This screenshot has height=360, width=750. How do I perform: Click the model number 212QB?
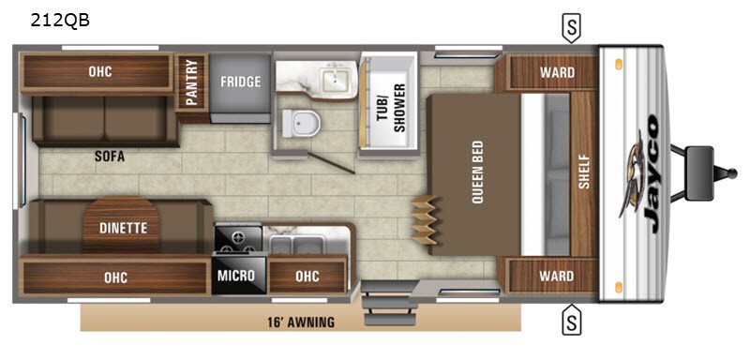tap(60, 20)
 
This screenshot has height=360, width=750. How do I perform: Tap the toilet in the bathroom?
tap(300, 123)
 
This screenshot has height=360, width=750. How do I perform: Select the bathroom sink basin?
tap(337, 81)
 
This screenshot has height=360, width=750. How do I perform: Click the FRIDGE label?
tap(241, 82)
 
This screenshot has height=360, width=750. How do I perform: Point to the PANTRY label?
tap(191, 82)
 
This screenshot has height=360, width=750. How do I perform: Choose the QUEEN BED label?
tap(477, 172)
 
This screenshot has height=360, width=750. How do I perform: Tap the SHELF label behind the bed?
tap(584, 172)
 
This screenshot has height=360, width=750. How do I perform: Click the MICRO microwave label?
tap(236, 276)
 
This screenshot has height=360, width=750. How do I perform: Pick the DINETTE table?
tap(123, 225)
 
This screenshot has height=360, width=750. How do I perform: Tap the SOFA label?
tap(109, 157)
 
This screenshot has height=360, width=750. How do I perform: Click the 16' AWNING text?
tap(301, 322)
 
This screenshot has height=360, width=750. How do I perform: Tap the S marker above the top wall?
tap(571, 28)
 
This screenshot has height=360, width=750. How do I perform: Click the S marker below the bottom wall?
tap(571, 319)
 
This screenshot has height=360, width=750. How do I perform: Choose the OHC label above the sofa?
tap(100, 71)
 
